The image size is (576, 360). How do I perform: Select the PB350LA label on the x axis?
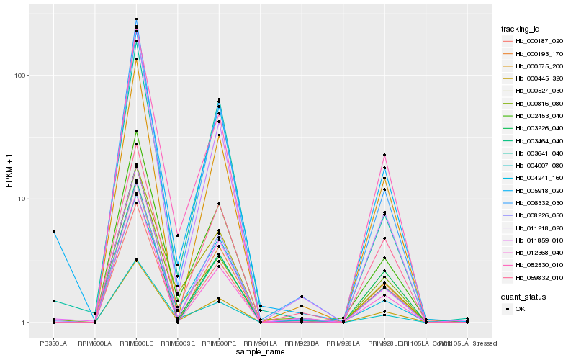pos(53,343)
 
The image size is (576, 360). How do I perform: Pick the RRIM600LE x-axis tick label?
pos(136,343)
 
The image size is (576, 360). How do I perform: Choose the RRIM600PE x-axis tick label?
pos(219,343)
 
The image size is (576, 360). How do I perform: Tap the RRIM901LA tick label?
pos(260,343)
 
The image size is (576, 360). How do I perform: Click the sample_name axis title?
pos(260,352)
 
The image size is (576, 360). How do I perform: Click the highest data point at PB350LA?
pos(53,231)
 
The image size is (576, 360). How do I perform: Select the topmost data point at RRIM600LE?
pos(136,19)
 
